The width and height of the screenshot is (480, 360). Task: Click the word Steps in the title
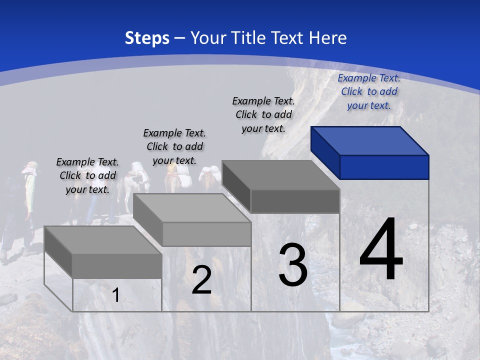[147, 38]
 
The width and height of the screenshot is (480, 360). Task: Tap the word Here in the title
[327, 38]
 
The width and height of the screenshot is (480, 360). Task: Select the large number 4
[381, 250]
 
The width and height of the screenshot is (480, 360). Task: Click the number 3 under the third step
[292, 265]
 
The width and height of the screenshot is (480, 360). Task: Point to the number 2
[201, 280]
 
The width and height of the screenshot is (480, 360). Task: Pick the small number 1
[115, 295]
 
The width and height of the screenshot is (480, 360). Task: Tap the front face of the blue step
[384, 167]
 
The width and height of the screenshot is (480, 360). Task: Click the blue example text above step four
[369, 91]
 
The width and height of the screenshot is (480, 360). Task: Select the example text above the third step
[263, 114]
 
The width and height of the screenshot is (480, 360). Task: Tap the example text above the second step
[174, 146]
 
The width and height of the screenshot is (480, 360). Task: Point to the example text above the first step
[87, 175]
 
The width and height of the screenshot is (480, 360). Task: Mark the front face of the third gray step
[295, 201]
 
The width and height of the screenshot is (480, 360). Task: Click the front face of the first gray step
[117, 266]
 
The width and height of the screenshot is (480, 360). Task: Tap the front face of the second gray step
[206, 234]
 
